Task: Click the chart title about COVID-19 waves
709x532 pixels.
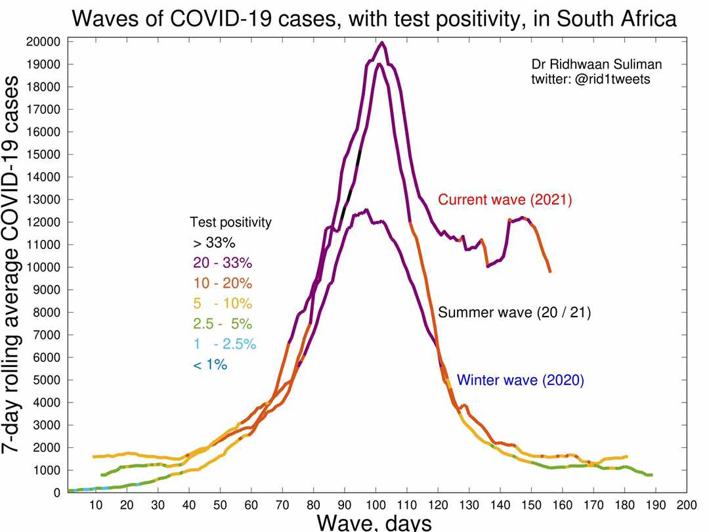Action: point(374,19)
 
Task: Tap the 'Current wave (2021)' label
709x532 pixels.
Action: point(505,200)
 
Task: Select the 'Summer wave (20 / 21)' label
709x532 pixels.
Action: point(515,313)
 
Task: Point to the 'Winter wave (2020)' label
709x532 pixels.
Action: point(521,380)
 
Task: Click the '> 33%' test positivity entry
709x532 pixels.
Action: point(214,243)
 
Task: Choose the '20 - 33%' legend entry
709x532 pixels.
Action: point(223,263)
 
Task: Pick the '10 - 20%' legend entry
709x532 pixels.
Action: point(223,283)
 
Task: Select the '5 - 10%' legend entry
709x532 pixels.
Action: point(223,303)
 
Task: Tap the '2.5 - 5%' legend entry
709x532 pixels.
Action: point(223,324)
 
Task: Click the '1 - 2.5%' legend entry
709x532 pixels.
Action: point(225,344)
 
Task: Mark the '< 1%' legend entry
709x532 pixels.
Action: point(210,365)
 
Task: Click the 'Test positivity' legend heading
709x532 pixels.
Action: point(230,222)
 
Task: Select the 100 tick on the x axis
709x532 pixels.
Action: point(376,505)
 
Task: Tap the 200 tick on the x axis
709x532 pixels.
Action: point(687,505)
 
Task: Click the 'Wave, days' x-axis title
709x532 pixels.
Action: point(374,523)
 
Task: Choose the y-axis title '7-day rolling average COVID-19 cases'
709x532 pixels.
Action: point(11,265)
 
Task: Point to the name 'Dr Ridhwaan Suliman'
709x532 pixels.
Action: point(597,64)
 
